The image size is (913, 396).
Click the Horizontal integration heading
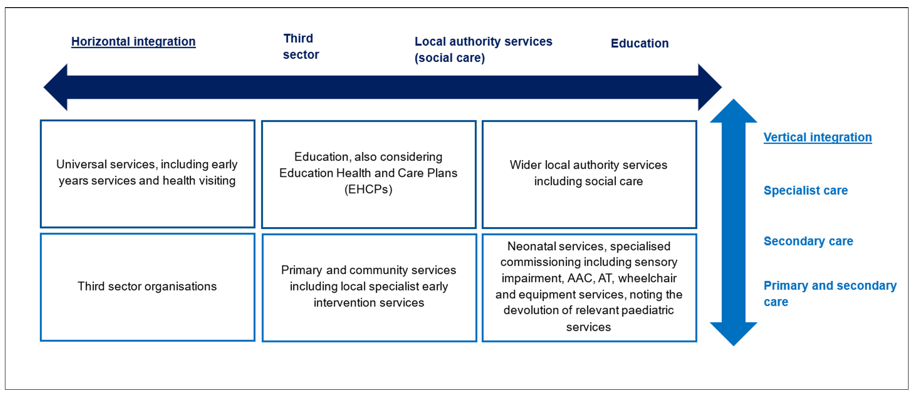pyautogui.click(x=133, y=42)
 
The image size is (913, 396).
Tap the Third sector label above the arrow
pyautogui.click(x=301, y=47)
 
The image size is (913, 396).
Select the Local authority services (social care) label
pyautogui.click(x=483, y=50)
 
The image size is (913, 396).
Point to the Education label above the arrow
pyautogui.click(x=639, y=44)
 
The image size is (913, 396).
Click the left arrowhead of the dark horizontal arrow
pyautogui.click(x=56, y=87)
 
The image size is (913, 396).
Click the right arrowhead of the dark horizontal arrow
pyautogui.click(x=710, y=87)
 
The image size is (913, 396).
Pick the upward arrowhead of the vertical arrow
pyautogui.click(x=733, y=111)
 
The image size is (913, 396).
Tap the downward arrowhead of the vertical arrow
pyautogui.click(x=733, y=334)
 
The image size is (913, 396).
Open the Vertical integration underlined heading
pyautogui.click(x=818, y=137)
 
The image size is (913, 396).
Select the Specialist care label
pyautogui.click(x=806, y=190)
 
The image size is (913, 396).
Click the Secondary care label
pyautogui.click(x=808, y=241)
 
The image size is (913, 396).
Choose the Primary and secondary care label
pyautogui.click(x=830, y=294)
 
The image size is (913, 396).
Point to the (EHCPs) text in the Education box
pyautogui.click(x=368, y=189)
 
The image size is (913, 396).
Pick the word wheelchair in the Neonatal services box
pyautogui.click(x=647, y=278)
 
